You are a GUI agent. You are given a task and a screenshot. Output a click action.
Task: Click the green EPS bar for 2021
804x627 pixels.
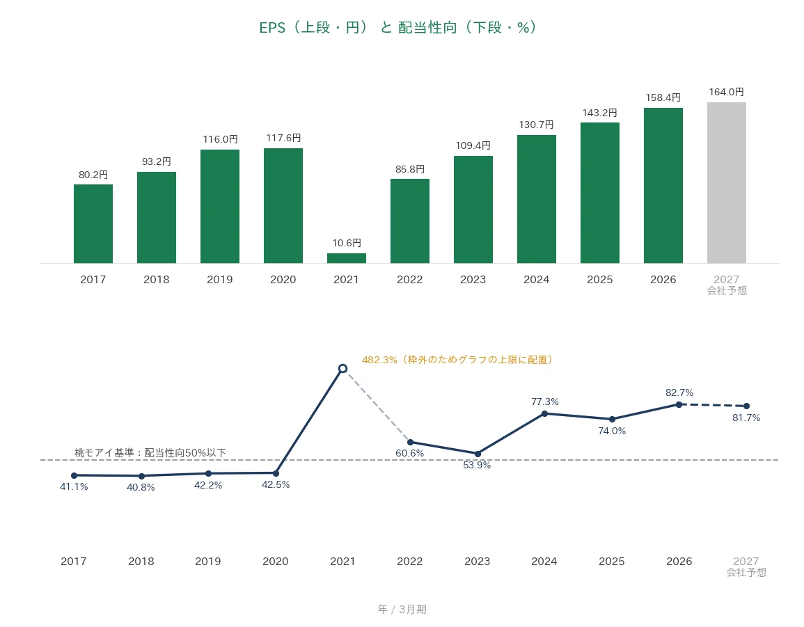(347, 258)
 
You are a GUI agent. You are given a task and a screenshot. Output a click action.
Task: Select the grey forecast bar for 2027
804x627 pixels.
(727, 183)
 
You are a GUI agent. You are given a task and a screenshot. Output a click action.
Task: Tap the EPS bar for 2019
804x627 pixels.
(220, 207)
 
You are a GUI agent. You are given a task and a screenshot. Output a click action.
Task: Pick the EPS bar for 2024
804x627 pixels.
(536, 200)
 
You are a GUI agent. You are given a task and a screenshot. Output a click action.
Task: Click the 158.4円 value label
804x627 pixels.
(663, 97)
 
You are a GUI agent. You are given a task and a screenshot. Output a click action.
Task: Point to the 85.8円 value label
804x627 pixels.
(410, 169)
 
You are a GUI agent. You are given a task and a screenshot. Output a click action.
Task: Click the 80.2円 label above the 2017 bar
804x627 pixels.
(93, 175)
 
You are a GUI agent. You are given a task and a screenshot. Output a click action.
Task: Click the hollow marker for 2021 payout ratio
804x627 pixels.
(343, 368)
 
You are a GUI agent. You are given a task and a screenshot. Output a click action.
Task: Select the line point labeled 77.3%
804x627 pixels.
(544, 414)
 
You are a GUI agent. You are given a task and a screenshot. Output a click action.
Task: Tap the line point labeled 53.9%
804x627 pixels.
(478, 454)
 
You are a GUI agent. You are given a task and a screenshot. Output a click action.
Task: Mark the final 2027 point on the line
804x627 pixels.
(746, 406)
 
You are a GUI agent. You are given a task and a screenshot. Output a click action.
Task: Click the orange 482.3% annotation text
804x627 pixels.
(457, 360)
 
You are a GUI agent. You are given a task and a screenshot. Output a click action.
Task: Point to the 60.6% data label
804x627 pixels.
(410, 453)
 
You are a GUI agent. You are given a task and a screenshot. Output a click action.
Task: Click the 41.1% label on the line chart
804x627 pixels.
(74, 486)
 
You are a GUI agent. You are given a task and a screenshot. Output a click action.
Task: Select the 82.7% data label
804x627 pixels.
(679, 392)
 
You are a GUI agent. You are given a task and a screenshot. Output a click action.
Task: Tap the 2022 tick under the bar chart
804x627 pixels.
(410, 280)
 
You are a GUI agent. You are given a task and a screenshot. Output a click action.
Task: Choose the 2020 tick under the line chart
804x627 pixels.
(276, 562)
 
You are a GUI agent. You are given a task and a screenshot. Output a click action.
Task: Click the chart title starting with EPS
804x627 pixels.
(398, 27)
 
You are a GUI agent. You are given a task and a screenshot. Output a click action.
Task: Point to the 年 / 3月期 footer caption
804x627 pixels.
(402, 609)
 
